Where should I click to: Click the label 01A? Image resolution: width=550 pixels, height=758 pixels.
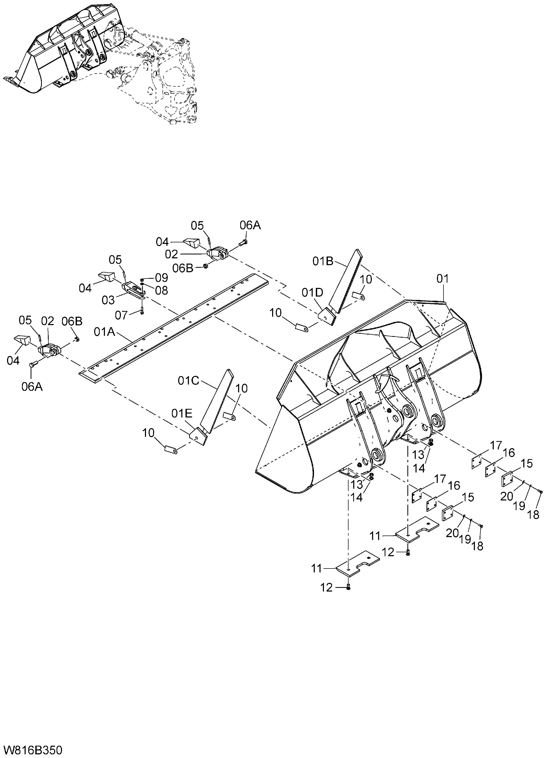pyautogui.click(x=105, y=332)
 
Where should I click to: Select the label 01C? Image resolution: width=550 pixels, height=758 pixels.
pyautogui.click(x=188, y=381)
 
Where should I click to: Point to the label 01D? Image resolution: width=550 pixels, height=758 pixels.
pyautogui.click(x=313, y=292)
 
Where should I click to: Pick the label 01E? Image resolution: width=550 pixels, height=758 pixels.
pyautogui.click(x=182, y=414)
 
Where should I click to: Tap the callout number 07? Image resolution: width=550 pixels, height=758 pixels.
pyautogui.click(x=122, y=315)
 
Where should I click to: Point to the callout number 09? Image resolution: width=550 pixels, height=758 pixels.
pyautogui.click(x=162, y=278)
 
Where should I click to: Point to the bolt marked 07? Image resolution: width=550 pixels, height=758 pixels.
pyautogui.click(x=142, y=310)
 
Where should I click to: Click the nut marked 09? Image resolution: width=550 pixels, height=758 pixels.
pyautogui.click(x=142, y=279)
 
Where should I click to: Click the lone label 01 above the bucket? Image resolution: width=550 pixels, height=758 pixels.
pyautogui.click(x=443, y=279)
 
